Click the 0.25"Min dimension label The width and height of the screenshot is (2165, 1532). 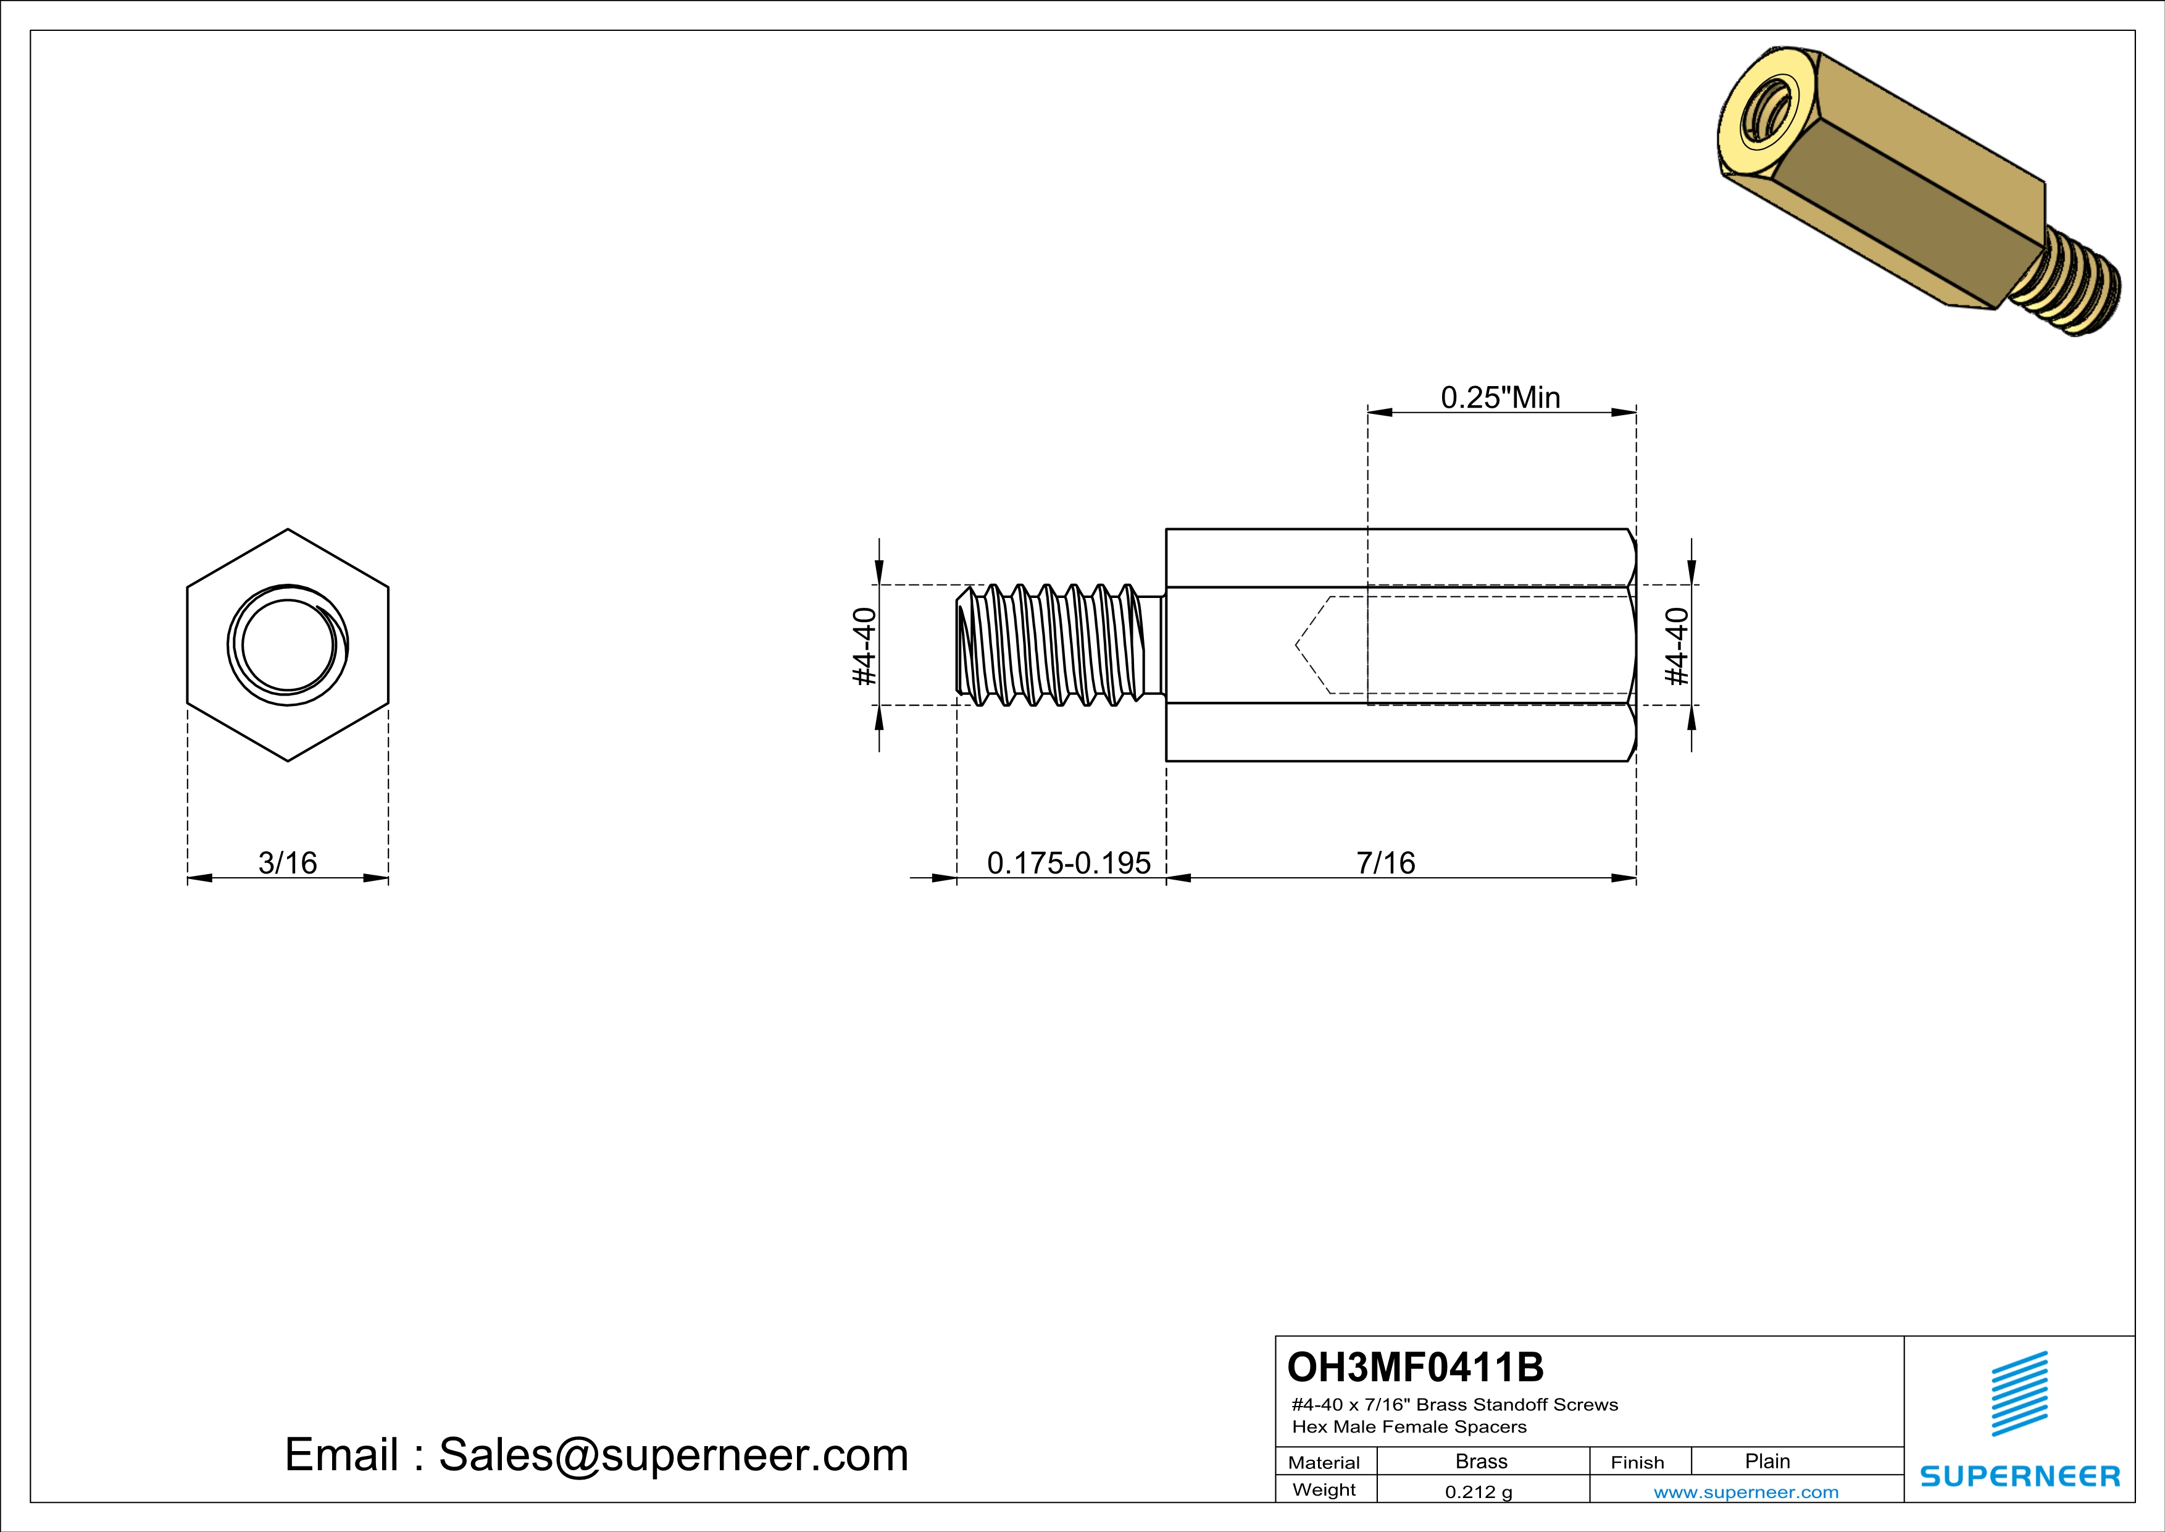tap(1500, 398)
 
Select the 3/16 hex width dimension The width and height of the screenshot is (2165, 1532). tap(288, 862)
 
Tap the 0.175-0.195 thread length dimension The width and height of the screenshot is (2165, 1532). tap(1069, 862)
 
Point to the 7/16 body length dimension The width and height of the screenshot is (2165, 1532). tap(1385, 862)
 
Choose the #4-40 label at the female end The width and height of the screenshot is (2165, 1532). tap(1677, 646)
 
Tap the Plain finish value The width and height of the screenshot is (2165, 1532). tap(1767, 1461)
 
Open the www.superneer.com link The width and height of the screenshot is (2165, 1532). tap(1745, 1491)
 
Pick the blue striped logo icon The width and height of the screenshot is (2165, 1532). tap(2019, 1394)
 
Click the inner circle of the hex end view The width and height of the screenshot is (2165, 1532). tap(288, 646)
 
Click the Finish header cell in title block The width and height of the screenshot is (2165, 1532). tap(1637, 1462)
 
